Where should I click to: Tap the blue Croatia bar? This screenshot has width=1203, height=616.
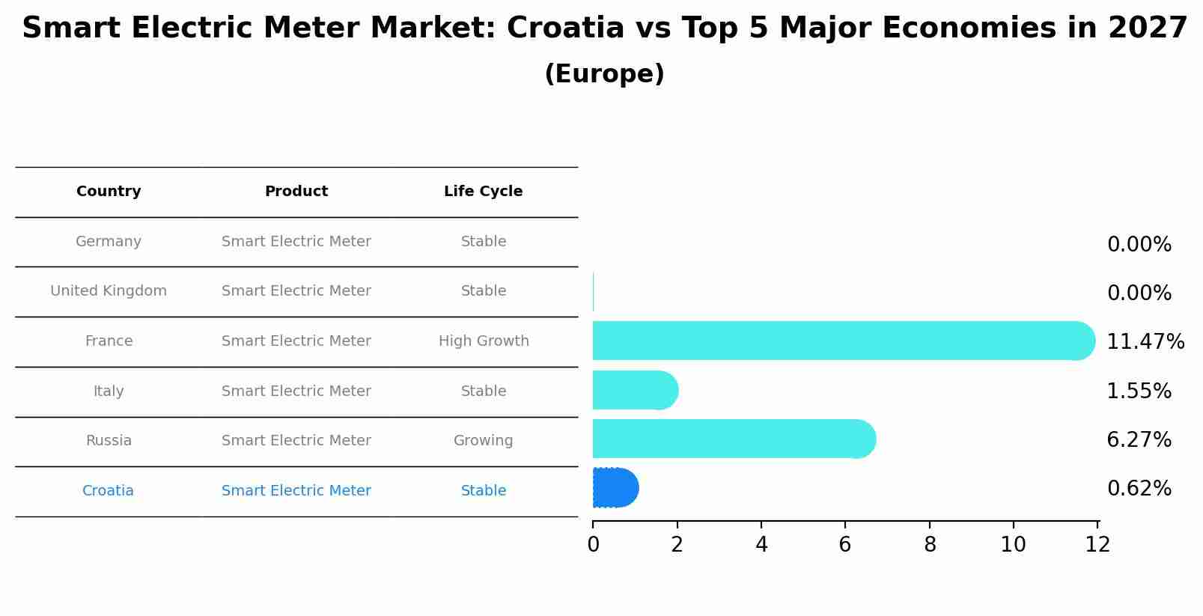[x=615, y=488]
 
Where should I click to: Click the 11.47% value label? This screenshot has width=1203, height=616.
[x=1145, y=342]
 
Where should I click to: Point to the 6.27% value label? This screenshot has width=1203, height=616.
[x=1139, y=439]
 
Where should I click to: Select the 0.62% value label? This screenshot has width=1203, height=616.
[x=1139, y=489]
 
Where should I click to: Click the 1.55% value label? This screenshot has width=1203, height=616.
[x=1139, y=391]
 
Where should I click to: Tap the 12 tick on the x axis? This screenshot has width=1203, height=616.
[x=1097, y=545]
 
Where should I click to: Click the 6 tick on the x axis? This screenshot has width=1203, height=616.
[x=845, y=545]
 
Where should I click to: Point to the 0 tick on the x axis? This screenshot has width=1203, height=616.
[x=593, y=545]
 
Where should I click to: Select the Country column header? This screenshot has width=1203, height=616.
[x=109, y=192]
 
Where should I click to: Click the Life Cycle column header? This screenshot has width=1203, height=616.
[x=483, y=192]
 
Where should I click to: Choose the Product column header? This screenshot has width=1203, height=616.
[x=296, y=192]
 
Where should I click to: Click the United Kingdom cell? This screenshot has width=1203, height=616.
[x=109, y=291]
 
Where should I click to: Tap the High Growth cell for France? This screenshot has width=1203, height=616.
[x=484, y=341]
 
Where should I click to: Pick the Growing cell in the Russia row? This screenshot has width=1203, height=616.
[x=483, y=441]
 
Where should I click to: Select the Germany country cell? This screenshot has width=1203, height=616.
[x=109, y=242]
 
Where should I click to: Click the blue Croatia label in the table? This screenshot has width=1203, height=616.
[x=108, y=491]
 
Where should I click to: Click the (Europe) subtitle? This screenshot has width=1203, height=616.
[x=604, y=74]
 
